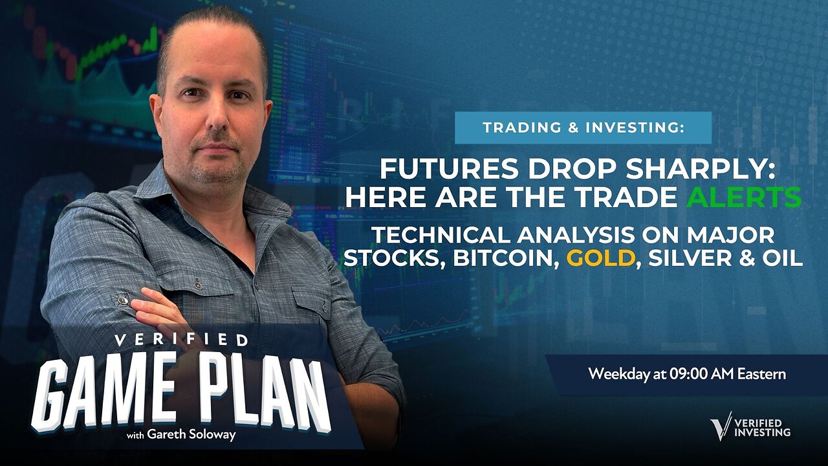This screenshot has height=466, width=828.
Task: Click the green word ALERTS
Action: coord(744,197)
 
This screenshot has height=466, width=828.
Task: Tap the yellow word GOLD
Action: coord(600,258)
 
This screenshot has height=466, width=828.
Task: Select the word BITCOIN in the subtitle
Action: coord(507,258)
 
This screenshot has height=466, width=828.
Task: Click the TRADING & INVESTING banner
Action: coord(583,128)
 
